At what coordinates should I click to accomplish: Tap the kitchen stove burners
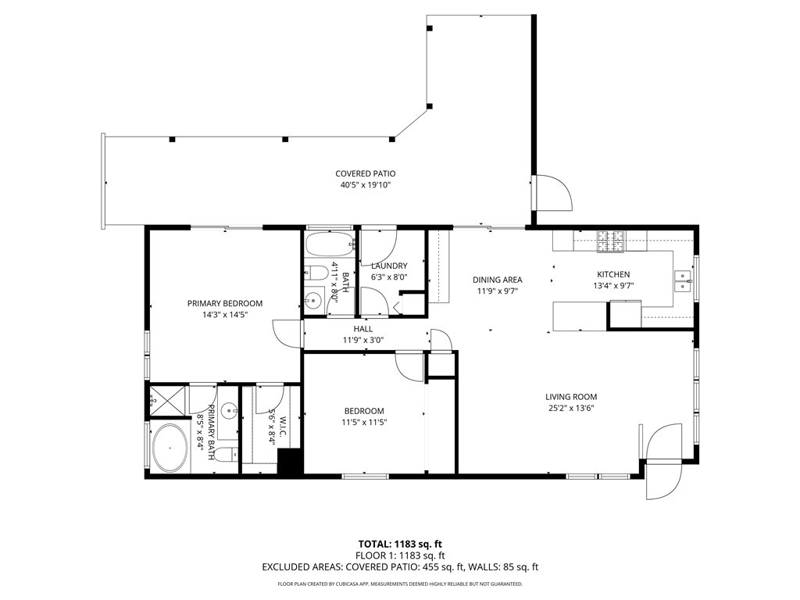point(611,241)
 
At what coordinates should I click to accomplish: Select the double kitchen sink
point(684,280)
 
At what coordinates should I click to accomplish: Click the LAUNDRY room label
point(389,266)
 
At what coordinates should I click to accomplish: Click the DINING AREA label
point(498,280)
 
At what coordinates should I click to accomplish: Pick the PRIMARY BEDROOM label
point(224,303)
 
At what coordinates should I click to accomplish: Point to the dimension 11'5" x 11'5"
point(364,422)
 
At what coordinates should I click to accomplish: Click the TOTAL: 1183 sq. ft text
point(400,544)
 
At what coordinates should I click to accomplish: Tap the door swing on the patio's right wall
point(554,193)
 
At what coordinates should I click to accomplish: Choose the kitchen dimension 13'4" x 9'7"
point(613,286)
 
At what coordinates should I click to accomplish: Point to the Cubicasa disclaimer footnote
point(400,584)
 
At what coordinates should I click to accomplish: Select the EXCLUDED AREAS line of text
point(400,568)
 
